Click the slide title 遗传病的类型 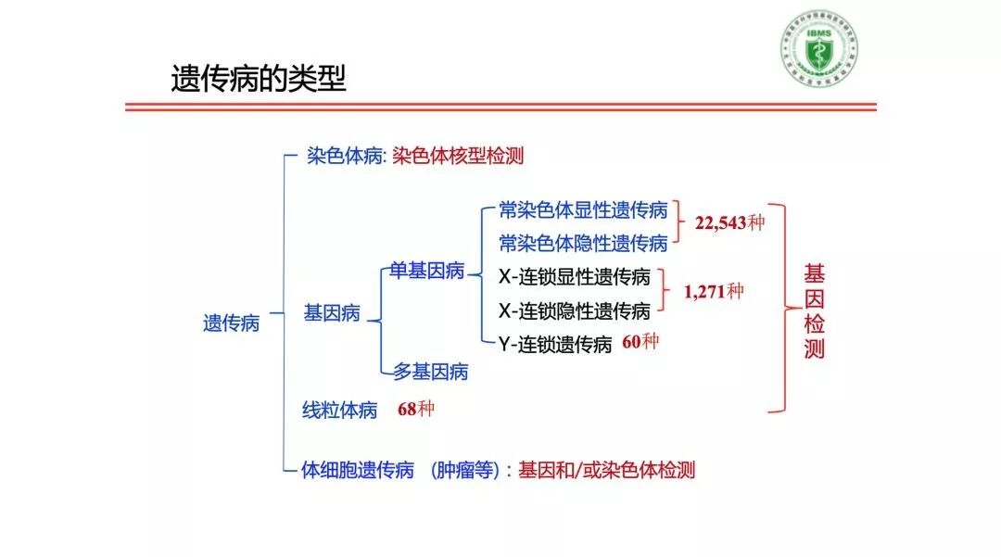[x=258, y=79]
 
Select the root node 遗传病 [x=231, y=323]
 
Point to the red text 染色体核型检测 [x=458, y=156]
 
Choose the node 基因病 [x=332, y=313]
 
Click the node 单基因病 [x=426, y=271]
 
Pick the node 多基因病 [x=431, y=372]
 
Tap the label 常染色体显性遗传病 [x=583, y=209]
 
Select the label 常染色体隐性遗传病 [x=583, y=243]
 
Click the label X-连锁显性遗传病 [x=575, y=276]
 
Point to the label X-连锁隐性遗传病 [x=575, y=310]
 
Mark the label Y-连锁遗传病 [x=555, y=345]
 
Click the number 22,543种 [x=729, y=223]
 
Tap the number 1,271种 [x=714, y=291]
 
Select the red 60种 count [x=640, y=342]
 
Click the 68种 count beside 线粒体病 [x=415, y=409]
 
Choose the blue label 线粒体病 [x=340, y=410]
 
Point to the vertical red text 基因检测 [x=815, y=311]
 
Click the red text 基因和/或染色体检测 [x=606, y=470]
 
